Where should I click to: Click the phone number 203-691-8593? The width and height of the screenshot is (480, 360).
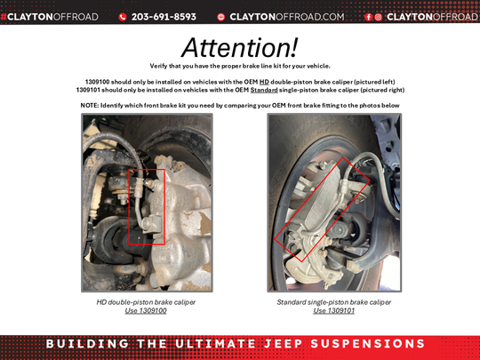point(164,17)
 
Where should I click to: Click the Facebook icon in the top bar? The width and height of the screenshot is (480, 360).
point(368,17)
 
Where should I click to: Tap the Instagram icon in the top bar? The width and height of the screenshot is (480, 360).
point(378,17)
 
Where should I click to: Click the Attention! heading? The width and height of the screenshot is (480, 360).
point(239,47)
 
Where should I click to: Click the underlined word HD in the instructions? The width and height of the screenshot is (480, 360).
point(264,81)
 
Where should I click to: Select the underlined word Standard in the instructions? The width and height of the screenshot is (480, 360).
point(263,89)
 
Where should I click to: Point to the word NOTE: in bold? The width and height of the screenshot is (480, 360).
point(90,105)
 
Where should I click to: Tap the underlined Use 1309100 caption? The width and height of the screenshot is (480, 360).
point(146,311)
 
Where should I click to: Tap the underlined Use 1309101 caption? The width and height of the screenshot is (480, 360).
point(334,311)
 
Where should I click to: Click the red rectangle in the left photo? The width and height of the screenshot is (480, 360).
point(146,205)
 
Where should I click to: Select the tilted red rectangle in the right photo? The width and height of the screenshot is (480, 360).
point(318,214)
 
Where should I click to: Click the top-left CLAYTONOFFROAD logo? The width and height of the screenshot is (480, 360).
point(50,17)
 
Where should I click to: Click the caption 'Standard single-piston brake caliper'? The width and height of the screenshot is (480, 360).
point(334,302)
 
